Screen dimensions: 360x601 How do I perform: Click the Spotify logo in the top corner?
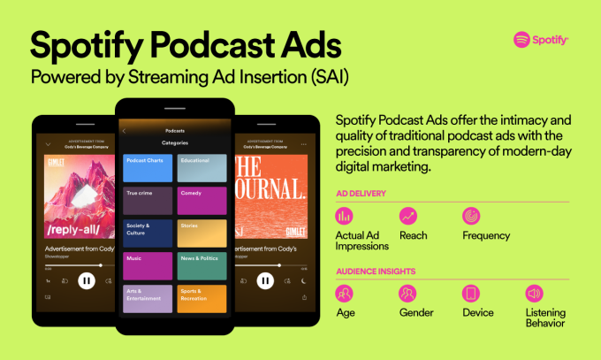tap(541, 40)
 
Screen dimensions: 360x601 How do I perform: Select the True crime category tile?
tap(148, 200)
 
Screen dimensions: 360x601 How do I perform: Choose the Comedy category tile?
tap(202, 200)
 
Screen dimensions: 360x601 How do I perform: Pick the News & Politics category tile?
tap(202, 265)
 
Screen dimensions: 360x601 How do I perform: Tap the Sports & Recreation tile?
tap(202, 298)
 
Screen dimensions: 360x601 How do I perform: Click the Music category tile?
tap(148, 265)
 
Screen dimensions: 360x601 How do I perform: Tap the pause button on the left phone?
tap(86, 280)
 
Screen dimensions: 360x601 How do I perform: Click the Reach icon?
tap(408, 216)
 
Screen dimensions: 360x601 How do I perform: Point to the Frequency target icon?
tap(471, 216)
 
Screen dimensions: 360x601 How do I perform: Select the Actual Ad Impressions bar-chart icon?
tap(345, 216)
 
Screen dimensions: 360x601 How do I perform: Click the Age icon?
tap(345, 293)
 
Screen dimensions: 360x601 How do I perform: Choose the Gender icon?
tap(408, 293)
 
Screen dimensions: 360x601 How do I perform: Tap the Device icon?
tap(471, 293)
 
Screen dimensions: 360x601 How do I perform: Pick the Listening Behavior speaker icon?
tap(535, 293)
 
